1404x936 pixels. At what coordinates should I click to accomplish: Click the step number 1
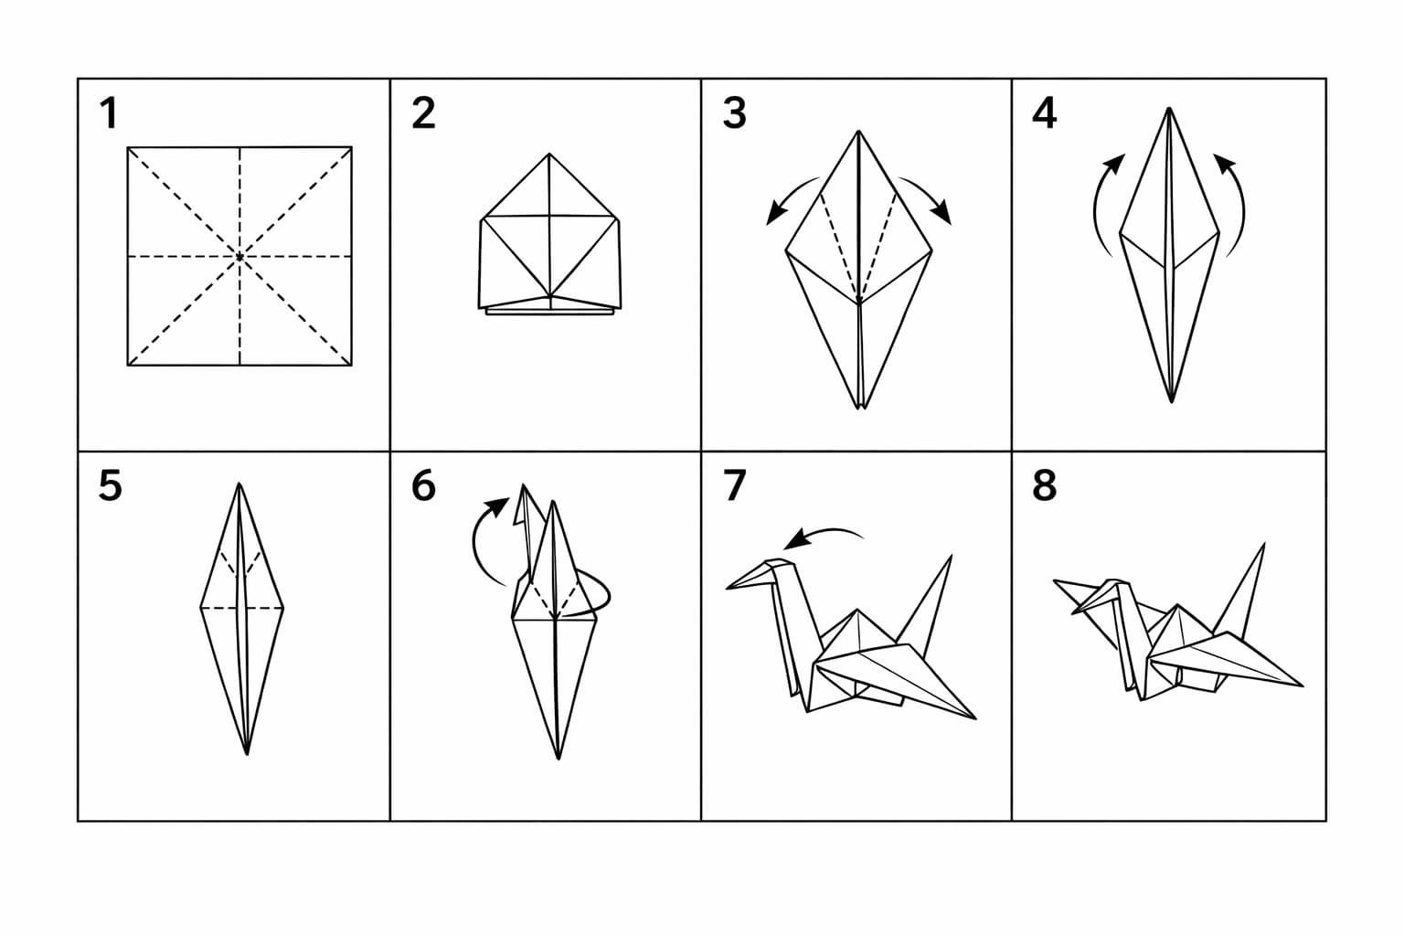pyautogui.click(x=110, y=113)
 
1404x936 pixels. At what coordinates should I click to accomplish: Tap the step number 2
pyautogui.click(x=424, y=113)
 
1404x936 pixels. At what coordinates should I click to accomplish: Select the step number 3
pyautogui.click(x=735, y=113)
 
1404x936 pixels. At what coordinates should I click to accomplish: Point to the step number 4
pyautogui.click(x=1044, y=113)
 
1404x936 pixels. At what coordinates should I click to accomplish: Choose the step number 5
pyautogui.click(x=111, y=486)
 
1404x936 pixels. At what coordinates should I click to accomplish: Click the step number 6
pyautogui.click(x=424, y=486)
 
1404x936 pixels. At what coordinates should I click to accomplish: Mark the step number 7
pyautogui.click(x=735, y=486)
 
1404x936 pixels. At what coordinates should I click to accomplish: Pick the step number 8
pyautogui.click(x=1044, y=486)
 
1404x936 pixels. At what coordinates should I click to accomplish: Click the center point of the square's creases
pyautogui.click(x=239, y=257)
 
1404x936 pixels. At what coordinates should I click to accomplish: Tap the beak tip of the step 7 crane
pyautogui.click(x=727, y=588)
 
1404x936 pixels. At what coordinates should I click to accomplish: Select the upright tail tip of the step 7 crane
pyautogui.click(x=952, y=556)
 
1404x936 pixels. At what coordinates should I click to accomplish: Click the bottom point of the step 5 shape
pyautogui.click(x=247, y=754)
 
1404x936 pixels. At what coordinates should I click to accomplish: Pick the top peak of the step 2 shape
pyautogui.click(x=549, y=154)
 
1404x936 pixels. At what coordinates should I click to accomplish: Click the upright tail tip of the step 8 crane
pyautogui.click(x=1263, y=544)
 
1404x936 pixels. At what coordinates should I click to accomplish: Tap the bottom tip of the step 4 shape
pyautogui.click(x=1171, y=402)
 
